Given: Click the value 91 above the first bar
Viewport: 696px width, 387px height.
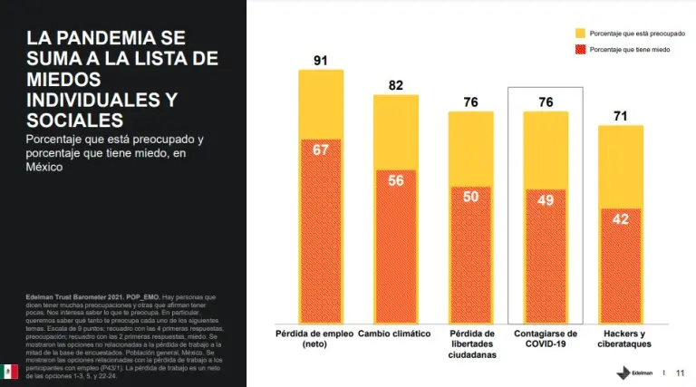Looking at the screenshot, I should coord(321,61).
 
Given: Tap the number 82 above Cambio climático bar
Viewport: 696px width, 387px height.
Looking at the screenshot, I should coord(395,85).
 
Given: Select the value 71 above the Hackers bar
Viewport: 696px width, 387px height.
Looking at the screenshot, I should coord(620,116).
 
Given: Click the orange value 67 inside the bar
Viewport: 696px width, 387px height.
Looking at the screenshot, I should coord(321,150).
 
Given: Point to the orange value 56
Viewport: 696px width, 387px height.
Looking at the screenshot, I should coord(395,179).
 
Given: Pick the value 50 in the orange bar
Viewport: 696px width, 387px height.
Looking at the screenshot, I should coord(470,197).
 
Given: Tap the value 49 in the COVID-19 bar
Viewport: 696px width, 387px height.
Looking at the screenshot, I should coord(545,199).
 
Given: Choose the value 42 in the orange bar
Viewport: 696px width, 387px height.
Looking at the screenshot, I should coord(620,218).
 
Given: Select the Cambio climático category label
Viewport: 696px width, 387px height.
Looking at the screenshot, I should coord(395,334).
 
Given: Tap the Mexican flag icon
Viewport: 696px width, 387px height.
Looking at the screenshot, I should coord(10,371).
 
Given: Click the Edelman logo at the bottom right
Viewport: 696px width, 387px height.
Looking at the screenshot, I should coord(631,372).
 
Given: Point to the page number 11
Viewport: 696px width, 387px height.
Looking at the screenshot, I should coord(680,372).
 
